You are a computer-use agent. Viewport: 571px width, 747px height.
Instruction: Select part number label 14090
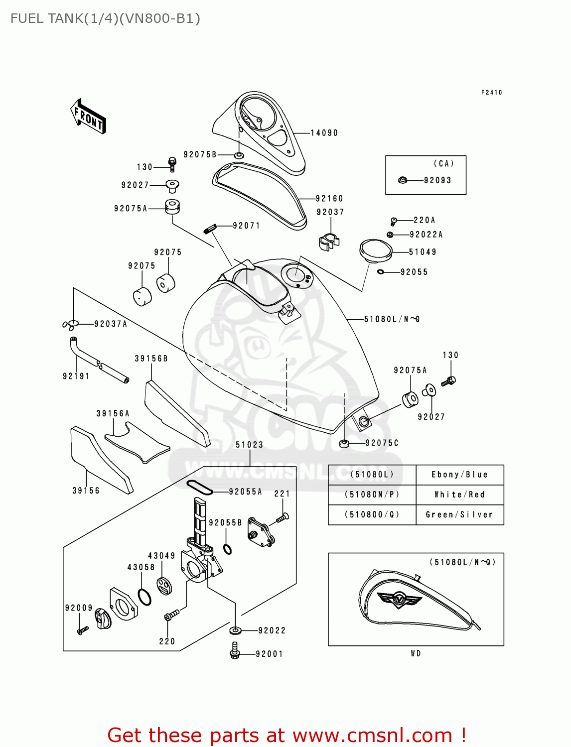324,133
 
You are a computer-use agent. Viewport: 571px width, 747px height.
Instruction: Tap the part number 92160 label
329,198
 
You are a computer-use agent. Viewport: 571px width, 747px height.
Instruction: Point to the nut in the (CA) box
403,180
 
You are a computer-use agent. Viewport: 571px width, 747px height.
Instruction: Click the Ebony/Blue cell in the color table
459,475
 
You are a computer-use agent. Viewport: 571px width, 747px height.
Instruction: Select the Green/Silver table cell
459,514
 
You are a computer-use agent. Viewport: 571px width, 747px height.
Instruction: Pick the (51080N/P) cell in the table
372,495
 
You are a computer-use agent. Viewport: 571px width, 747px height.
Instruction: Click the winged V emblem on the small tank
399,599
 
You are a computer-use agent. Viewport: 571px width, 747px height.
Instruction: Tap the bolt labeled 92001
235,651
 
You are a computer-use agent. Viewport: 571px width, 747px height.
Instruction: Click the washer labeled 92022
236,630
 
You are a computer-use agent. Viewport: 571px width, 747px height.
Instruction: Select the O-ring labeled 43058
144,597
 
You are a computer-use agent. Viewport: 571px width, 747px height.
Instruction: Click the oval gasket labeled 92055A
199,488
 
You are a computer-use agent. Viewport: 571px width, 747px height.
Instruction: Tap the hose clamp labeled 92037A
71,325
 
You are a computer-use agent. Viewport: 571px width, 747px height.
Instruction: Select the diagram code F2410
491,92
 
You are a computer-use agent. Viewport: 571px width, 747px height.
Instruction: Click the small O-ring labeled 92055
380,272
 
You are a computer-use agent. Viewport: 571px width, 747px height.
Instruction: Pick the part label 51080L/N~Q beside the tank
392,319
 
